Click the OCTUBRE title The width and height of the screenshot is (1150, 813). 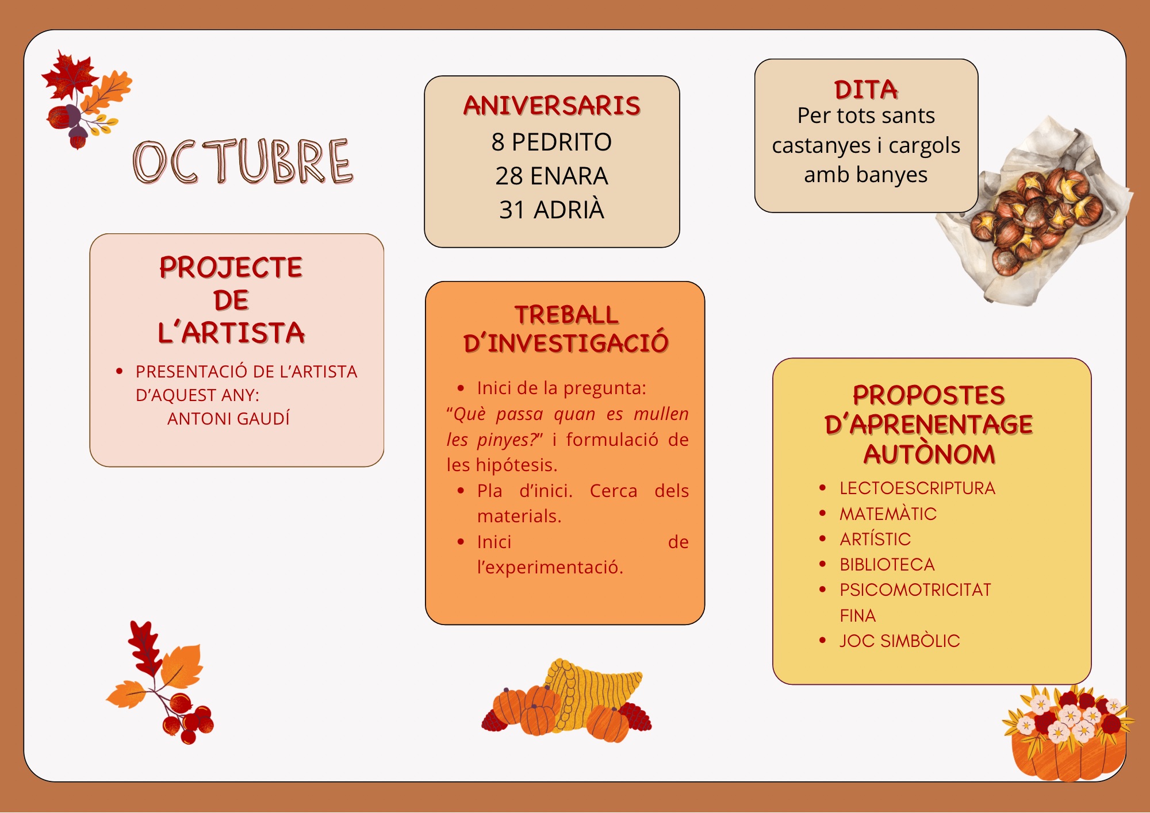point(243,161)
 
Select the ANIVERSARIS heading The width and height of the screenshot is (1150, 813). point(552,106)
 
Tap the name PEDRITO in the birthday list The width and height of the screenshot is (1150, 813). point(562,142)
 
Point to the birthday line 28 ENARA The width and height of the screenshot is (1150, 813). point(552,176)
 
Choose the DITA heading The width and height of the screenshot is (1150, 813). point(866,90)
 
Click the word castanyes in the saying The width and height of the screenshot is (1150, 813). point(822,146)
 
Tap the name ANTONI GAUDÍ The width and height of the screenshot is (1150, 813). point(228,418)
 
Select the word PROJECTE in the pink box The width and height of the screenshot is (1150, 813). point(231,267)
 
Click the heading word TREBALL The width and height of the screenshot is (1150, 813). point(566,315)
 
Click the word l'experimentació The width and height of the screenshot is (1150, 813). point(550,567)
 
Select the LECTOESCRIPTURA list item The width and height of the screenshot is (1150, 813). point(917,488)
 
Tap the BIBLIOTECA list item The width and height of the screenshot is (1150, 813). point(887,564)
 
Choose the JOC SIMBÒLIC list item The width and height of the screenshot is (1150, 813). point(900,641)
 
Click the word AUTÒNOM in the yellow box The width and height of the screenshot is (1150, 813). point(929,454)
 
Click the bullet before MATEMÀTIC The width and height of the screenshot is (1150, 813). point(822,513)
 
